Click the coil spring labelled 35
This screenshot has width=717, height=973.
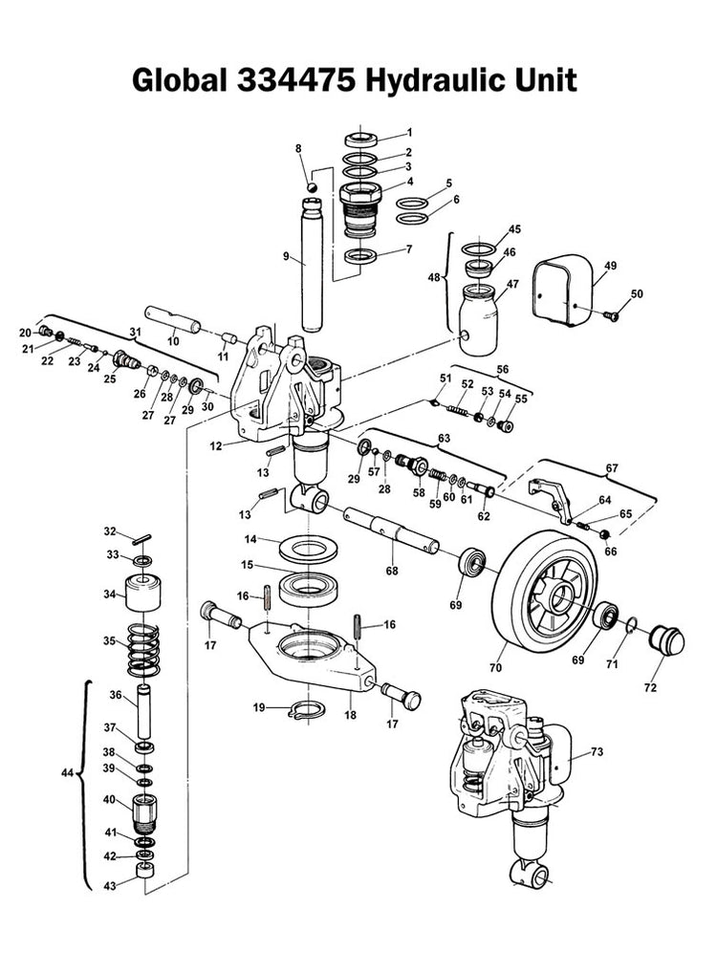click(x=143, y=649)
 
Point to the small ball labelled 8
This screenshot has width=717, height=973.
click(x=313, y=186)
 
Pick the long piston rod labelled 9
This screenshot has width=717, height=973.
click(x=312, y=265)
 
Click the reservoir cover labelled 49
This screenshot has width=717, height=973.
click(x=562, y=290)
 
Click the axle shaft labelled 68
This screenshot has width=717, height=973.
click(x=392, y=530)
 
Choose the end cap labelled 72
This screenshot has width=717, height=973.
click(x=666, y=640)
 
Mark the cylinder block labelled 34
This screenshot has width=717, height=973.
click(x=143, y=594)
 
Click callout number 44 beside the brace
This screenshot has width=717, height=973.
click(x=68, y=773)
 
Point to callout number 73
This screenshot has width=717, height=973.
click(x=597, y=752)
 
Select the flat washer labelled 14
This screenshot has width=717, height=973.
click(x=309, y=549)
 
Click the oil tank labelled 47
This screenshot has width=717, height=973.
click(x=479, y=319)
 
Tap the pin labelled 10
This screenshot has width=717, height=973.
click(x=173, y=319)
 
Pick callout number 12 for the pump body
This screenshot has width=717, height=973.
click(x=215, y=445)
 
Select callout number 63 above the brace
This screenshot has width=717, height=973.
click(x=444, y=439)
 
